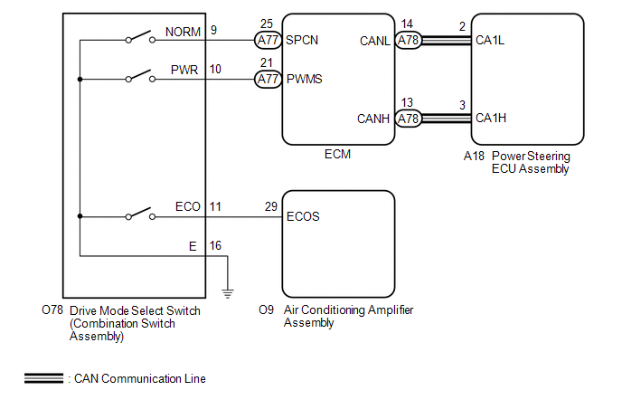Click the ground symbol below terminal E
coord(228,291)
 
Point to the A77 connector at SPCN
coord(268,40)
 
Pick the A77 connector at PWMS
coord(268,79)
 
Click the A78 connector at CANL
coord(410,40)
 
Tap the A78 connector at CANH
coord(410,118)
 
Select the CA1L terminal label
coord(490,40)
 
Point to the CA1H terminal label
coord(491,118)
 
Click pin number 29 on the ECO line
coord(271,207)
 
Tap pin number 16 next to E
coord(214,245)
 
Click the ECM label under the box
coord(337,155)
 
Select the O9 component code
coord(266,309)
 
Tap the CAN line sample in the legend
coord(43,378)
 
